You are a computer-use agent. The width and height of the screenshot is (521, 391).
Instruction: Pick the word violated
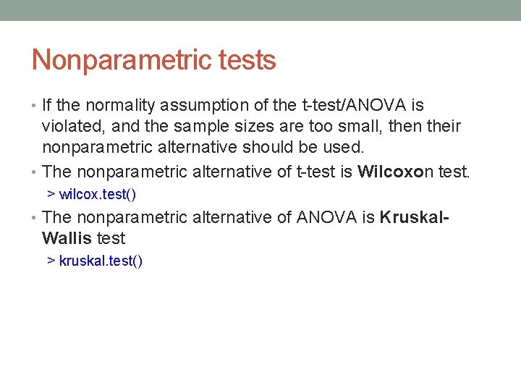pos(71,127)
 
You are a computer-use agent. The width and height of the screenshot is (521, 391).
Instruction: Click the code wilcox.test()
pos(98,195)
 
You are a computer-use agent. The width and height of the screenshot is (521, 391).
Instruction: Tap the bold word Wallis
pos(67,238)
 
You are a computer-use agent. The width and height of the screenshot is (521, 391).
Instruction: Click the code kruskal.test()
pos(101,261)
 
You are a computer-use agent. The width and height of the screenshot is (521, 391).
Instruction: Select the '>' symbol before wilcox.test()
pos(51,195)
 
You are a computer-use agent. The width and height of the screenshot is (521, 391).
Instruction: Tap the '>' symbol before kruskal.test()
pos(51,261)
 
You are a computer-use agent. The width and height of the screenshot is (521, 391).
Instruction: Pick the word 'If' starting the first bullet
pos(47,106)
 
